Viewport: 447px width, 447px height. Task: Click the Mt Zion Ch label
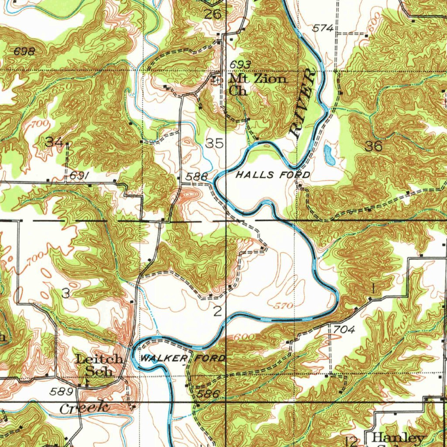[x=258, y=85]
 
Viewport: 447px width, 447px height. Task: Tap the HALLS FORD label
[x=273, y=175]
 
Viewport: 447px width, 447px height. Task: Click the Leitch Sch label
[x=99, y=365]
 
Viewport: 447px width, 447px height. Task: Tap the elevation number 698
[x=24, y=52]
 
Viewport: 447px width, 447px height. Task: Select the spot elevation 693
[x=240, y=65]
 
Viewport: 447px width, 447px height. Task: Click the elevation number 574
[x=323, y=28]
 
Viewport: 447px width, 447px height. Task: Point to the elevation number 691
[x=80, y=175]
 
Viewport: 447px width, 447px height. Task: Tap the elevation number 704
[x=344, y=330]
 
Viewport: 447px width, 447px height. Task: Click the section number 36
[x=374, y=146]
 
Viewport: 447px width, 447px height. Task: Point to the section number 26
[x=213, y=14]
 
